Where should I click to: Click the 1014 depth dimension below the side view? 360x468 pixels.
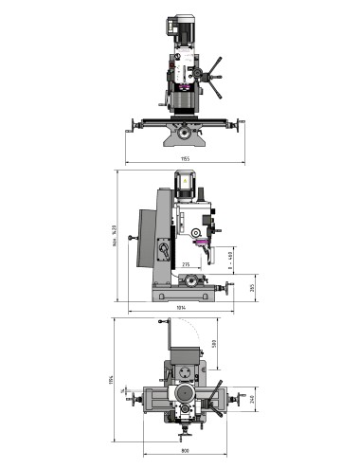[180, 309]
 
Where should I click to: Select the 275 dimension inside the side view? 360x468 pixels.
[186, 264]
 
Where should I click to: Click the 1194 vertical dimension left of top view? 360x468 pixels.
[110, 380]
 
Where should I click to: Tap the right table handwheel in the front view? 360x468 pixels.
[239, 123]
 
